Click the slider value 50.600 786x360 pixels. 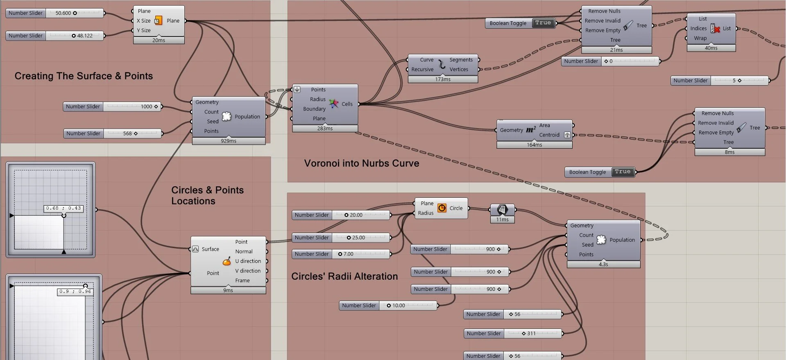click(x=63, y=13)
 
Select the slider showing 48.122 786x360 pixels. click(x=85, y=36)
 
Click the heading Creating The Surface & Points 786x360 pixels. click(x=84, y=76)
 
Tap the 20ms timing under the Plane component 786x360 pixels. click(x=159, y=40)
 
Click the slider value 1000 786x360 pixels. click(x=146, y=106)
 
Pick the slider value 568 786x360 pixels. click(x=127, y=134)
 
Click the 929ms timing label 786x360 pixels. click(x=229, y=141)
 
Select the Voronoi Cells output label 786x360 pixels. click(x=347, y=104)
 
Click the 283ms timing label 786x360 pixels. click(x=325, y=129)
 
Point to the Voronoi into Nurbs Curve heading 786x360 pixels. click(x=362, y=163)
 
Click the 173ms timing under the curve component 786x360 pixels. click(x=443, y=79)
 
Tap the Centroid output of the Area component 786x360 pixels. click(x=549, y=135)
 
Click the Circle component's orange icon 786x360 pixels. click(x=442, y=208)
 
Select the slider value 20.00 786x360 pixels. click(x=356, y=215)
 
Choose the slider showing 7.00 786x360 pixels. click(x=348, y=254)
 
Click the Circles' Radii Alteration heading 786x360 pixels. click(x=344, y=276)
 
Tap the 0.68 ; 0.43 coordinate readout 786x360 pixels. click(x=63, y=208)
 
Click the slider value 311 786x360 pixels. click(x=531, y=333)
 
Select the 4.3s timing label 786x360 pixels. click(x=603, y=265)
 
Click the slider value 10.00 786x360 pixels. click(x=399, y=306)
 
